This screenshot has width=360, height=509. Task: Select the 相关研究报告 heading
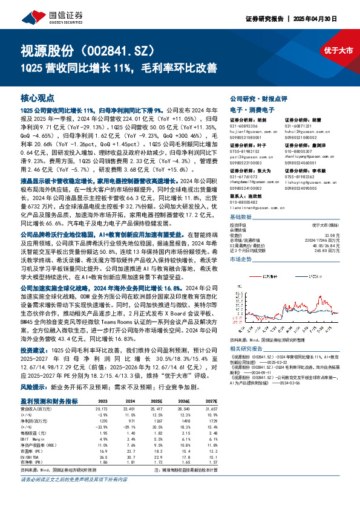[x=249, y=349]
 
